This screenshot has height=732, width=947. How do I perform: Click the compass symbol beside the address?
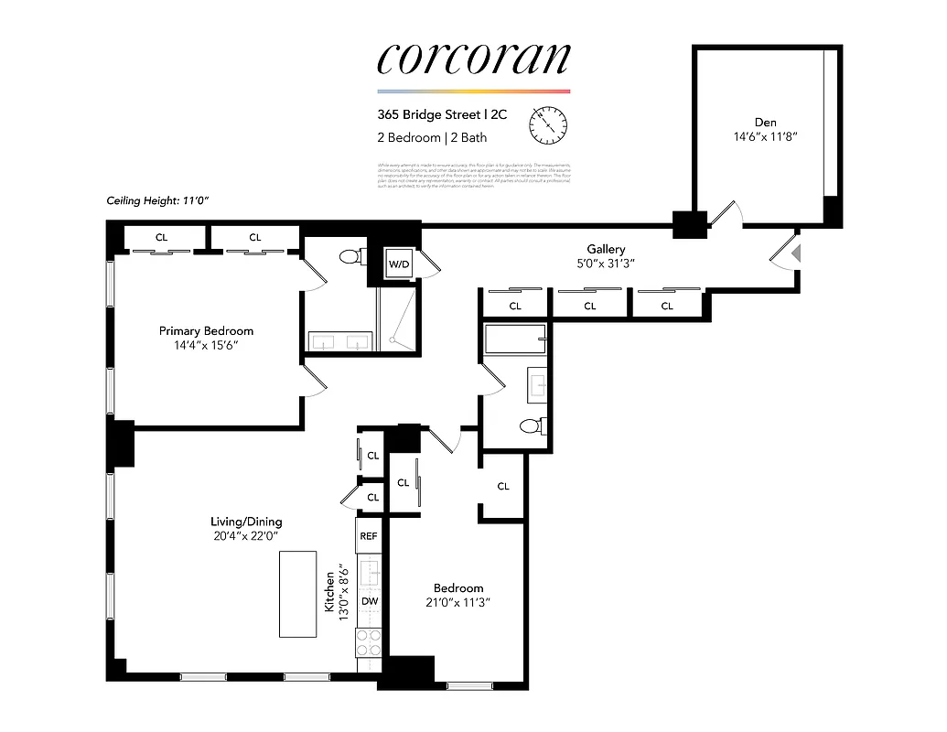(549, 125)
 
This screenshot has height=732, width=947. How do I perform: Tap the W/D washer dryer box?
(399, 264)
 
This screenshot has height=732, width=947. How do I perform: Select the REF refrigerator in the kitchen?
(369, 536)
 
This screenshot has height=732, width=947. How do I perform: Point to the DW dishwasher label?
(369, 601)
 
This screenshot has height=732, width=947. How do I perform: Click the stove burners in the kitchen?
(369, 641)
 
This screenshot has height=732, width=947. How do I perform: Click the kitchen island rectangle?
(297, 594)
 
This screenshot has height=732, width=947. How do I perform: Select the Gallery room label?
(606, 249)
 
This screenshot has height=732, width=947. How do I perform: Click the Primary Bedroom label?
(206, 330)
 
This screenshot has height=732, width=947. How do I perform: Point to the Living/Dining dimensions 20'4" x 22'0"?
(243, 536)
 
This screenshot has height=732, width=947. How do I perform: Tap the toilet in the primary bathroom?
(349, 257)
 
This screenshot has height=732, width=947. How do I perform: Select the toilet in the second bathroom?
(530, 425)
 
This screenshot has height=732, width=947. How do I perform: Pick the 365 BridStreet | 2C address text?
(442, 115)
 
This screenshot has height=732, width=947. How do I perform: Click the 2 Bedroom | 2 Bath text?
(432, 138)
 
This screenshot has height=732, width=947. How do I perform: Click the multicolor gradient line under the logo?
(473, 91)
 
